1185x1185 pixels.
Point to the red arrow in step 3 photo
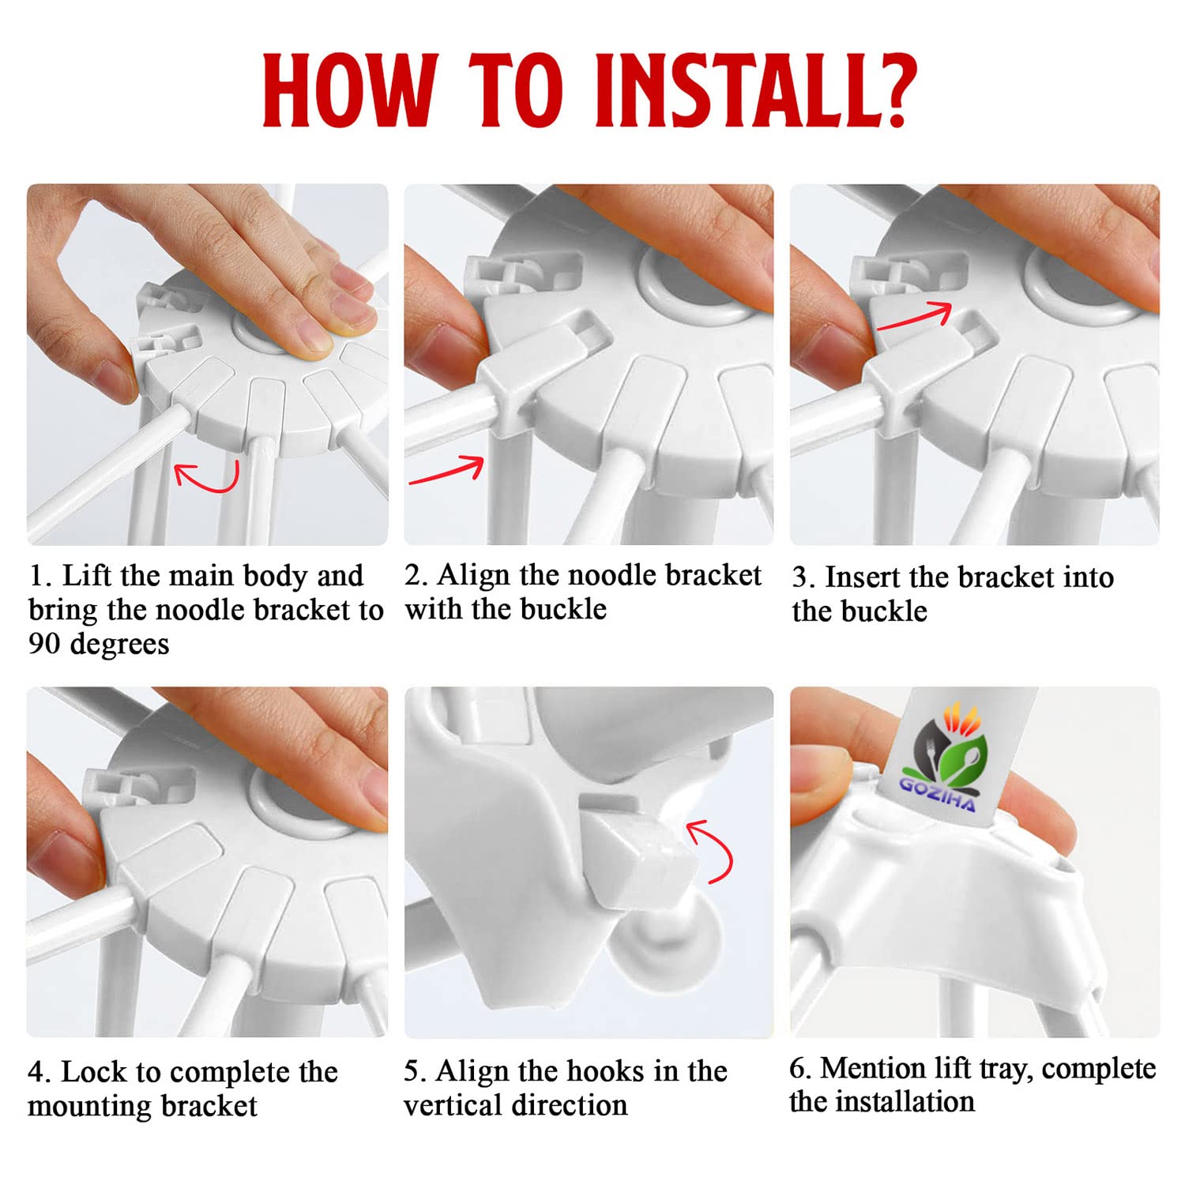(915, 314)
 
